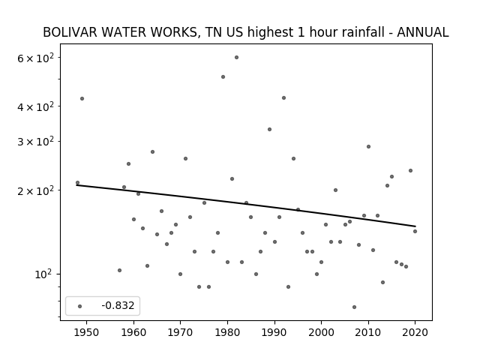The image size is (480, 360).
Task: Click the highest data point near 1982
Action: pyautogui.click(x=237, y=57)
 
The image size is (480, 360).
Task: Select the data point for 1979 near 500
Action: pyautogui.click(x=223, y=76)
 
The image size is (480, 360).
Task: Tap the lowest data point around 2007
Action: pyautogui.click(x=354, y=307)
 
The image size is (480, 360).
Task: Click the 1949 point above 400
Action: pyautogui.click(x=82, y=98)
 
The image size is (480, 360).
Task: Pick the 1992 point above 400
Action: pyautogui.click(x=283, y=98)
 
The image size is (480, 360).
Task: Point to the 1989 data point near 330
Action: pyautogui.click(x=270, y=130)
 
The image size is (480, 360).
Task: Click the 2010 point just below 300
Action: pyautogui.click(x=368, y=147)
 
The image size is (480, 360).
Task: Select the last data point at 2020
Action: pyautogui.click(x=415, y=232)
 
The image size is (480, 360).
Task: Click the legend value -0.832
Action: pyautogui.click(x=118, y=305)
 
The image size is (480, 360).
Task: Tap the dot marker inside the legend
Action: pyautogui.click(x=80, y=306)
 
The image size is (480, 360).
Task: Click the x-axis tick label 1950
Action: pyautogui.click(x=87, y=332)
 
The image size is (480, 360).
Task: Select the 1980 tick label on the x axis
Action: pyautogui.click(x=227, y=332)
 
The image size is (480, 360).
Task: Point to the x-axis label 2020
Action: pyautogui.click(x=415, y=332)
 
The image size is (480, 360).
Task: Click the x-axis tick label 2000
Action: pyautogui.click(x=322, y=332)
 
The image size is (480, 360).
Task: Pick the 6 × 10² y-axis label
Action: pyautogui.click(x=35, y=58)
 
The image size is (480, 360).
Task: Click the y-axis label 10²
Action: pyautogui.click(x=43, y=274)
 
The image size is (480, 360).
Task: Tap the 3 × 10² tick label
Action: pyautogui.click(x=35, y=142)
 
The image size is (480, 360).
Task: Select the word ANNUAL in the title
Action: pyautogui.click(x=423, y=32)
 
